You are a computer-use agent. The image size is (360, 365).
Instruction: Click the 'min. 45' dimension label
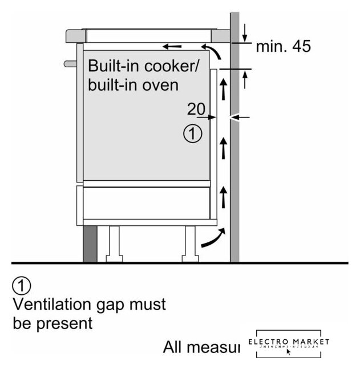click(x=283, y=47)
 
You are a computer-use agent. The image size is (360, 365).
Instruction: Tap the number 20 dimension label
click(x=196, y=109)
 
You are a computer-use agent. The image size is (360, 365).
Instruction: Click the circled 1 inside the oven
click(x=192, y=134)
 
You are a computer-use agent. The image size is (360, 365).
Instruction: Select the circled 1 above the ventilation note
click(x=22, y=285)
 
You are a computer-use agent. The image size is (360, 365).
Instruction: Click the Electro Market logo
click(x=289, y=344)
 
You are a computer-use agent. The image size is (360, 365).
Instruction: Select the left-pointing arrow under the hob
click(x=172, y=46)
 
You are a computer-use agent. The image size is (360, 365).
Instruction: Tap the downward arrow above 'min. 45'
click(x=244, y=30)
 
